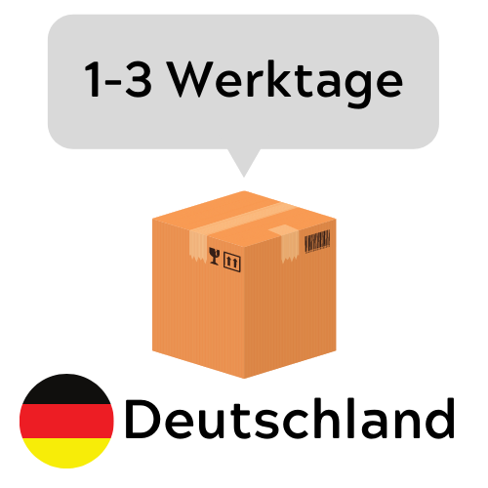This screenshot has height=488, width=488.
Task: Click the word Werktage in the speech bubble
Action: click(286, 83)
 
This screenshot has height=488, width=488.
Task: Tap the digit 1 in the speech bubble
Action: click(93, 79)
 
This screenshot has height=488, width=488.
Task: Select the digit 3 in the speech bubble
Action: click(139, 79)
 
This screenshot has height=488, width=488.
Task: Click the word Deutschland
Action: click(290, 418)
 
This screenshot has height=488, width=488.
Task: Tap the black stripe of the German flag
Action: click(66, 389)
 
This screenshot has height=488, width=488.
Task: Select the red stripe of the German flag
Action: click(66, 422)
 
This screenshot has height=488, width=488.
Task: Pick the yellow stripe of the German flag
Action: click(66, 453)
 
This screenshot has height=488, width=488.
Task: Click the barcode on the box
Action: click(317, 241)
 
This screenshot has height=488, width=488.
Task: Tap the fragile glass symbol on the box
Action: click(214, 256)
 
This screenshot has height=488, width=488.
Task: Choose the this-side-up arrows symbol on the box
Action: click(232, 263)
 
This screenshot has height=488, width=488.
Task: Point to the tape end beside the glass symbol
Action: click(198, 247)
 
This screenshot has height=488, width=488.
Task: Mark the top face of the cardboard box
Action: click(244, 219)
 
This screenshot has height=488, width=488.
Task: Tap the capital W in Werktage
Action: click(191, 79)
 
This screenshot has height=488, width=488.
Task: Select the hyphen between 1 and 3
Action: click(112, 82)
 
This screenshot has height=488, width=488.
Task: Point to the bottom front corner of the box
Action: click(244, 378)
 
